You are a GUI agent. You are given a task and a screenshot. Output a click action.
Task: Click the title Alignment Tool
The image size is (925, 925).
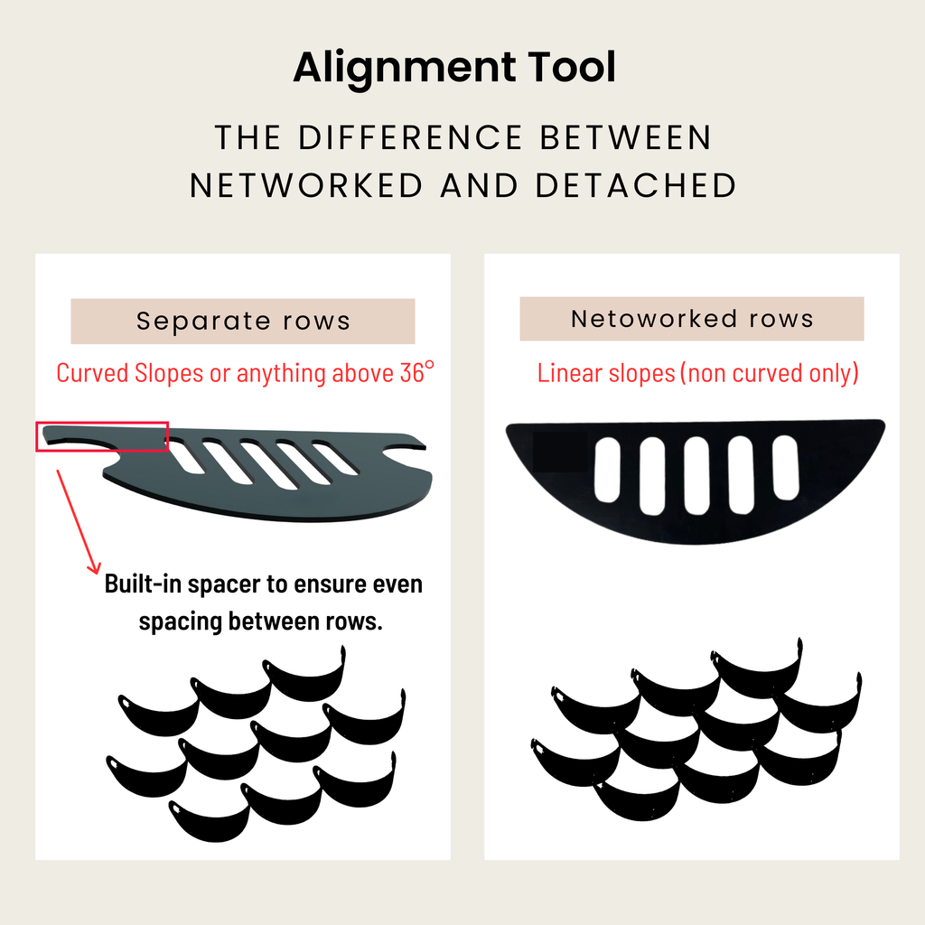(454, 69)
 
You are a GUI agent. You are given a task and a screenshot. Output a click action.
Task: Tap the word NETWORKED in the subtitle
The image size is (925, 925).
(305, 185)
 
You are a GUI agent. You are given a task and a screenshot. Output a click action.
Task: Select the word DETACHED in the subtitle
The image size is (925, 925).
(635, 185)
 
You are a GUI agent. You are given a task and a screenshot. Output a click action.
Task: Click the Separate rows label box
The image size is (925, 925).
(243, 322)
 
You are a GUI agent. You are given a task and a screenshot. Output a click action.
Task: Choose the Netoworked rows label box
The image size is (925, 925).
(692, 319)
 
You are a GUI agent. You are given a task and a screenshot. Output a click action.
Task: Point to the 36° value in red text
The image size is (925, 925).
(416, 372)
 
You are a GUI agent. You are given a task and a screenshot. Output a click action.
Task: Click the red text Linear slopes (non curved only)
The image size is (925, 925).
(697, 372)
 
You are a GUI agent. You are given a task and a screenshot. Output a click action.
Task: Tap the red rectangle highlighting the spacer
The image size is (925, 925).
(102, 435)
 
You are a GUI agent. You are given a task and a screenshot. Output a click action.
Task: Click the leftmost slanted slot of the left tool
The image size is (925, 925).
(186, 456)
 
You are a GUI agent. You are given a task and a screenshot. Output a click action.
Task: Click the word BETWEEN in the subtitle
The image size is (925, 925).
(625, 138)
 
